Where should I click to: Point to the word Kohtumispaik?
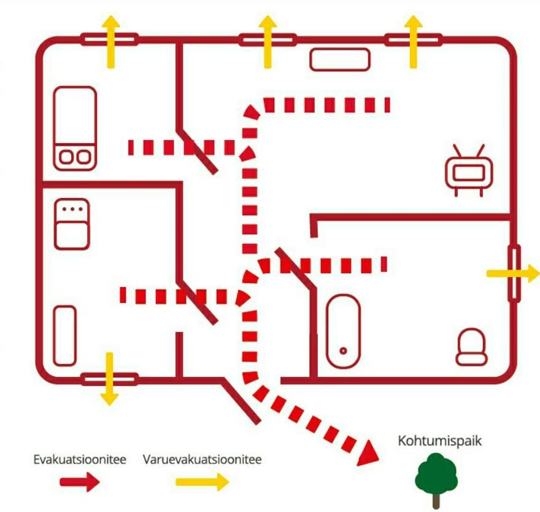[x=439, y=441]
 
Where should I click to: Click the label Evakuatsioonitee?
[x=80, y=460]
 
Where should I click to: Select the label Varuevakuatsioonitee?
[x=202, y=460]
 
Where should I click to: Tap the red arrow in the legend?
[x=80, y=482]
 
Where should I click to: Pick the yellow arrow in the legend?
[x=202, y=482]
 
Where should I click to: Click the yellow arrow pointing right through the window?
[x=513, y=274]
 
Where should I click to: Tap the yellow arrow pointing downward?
[x=109, y=379]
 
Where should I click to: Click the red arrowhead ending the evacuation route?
[x=369, y=454]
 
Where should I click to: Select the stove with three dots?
[x=72, y=224]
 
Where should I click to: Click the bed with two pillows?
[x=75, y=128]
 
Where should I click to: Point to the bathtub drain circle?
[x=343, y=351]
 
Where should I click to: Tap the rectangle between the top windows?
[x=340, y=60]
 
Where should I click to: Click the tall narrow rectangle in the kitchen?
[x=65, y=336]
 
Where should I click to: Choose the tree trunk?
[x=436, y=501]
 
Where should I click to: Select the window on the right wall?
[x=514, y=274]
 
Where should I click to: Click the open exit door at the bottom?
[x=241, y=401]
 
